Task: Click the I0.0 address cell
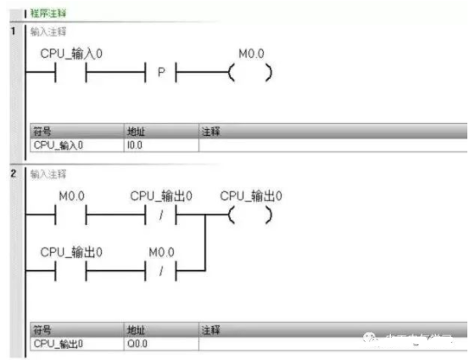[136, 145]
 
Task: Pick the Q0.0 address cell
[136, 344]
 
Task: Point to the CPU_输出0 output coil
[251, 215]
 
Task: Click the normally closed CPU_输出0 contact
[160, 215]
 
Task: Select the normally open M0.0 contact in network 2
[71, 215]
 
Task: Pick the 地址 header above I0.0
[136, 132]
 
